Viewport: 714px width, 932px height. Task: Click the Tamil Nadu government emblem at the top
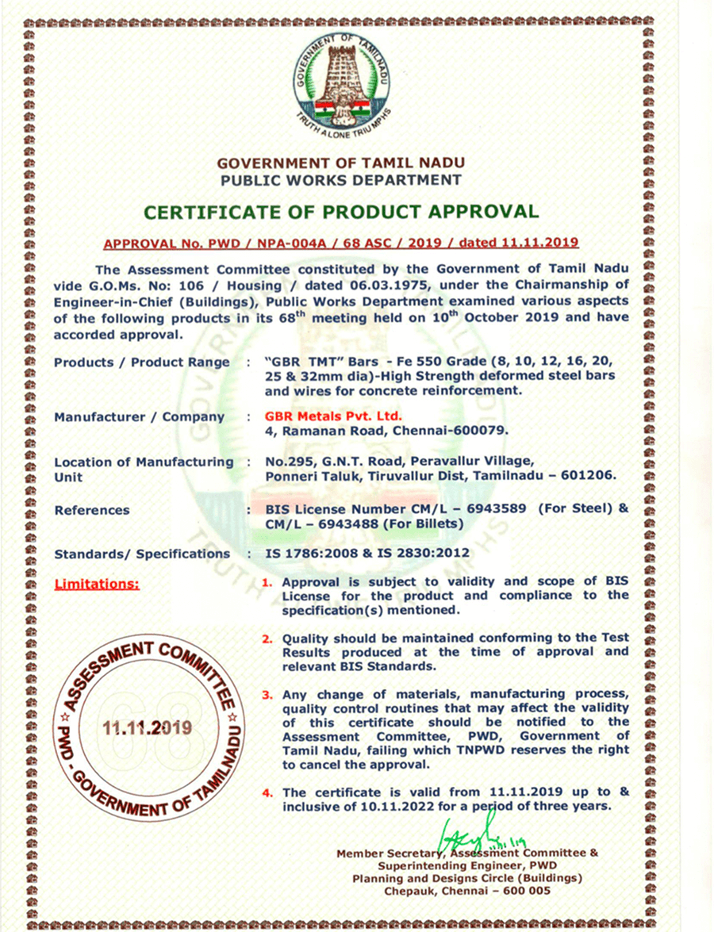click(x=341, y=82)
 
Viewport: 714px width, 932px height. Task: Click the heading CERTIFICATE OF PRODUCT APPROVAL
click(x=341, y=212)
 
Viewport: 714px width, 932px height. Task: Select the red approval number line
click(x=341, y=242)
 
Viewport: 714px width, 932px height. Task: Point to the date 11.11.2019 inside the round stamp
click(x=147, y=727)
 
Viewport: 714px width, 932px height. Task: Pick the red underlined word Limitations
click(x=96, y=585)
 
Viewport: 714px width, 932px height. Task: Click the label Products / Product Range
click(x=141, y=362)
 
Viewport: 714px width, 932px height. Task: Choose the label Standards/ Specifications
click(x=142, y=554)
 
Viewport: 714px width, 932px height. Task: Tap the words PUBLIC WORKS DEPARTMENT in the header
click(x=341, y=180)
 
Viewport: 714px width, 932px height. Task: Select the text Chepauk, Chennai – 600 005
click(x=467, y=891)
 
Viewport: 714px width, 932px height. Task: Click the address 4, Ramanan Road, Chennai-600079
click(x=386, y=431)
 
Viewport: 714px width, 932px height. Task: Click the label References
click(x=92, y=510)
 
